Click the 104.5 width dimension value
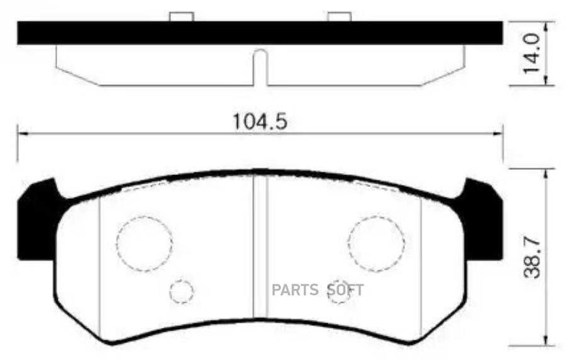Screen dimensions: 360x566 [260, 121]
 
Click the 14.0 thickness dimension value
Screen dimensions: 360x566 [533, 54]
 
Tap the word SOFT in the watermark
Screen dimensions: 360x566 [345, 290]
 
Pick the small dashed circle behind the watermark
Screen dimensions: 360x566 [340, 291]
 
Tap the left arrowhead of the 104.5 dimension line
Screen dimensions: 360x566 [22, 133]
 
